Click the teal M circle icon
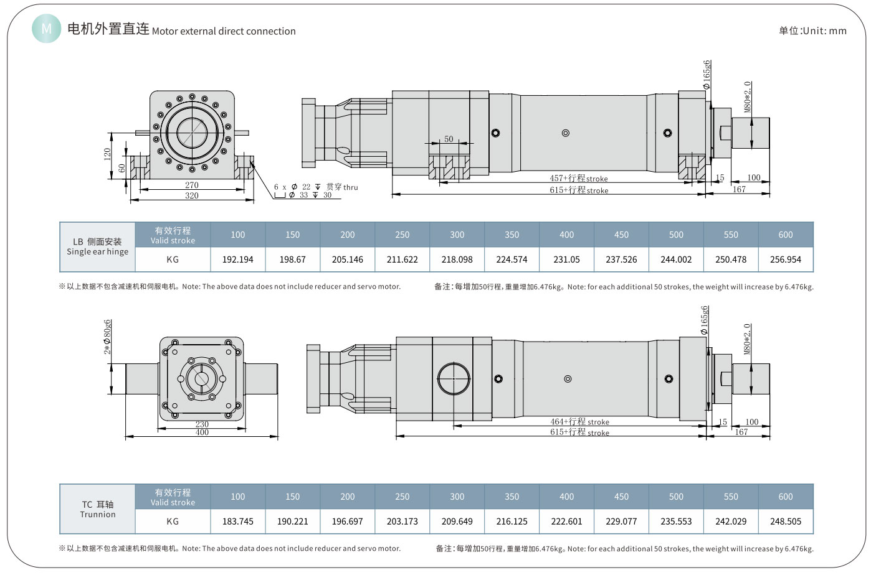click(47, 29)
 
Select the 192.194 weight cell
click(237, 259)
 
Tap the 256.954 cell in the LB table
click(785, 259)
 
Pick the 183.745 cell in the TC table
click(237, 521)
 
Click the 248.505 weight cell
click(785, 521)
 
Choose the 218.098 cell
click(457, 259)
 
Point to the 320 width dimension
click(192, 195)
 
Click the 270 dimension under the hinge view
click(192, 185)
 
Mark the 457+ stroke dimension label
click(578, 179)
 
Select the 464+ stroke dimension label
click(579, 422)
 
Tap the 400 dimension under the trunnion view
click(202, 432)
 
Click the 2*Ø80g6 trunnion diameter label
click(108, 337)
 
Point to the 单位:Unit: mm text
click(812, 30)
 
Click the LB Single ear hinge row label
click(98, 247)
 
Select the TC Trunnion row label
click(98, 509)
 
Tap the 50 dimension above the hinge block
click(449, 139)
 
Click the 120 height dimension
click(107, 154)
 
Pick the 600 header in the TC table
click(785, 497)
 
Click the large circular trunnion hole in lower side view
click(454, 379)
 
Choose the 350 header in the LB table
click(512, 235)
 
